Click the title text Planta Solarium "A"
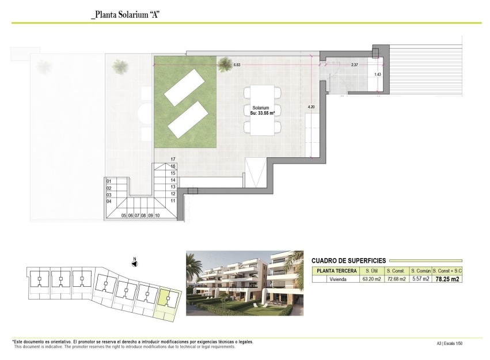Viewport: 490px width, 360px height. click(x=125, y=15)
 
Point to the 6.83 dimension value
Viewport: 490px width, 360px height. click(x=237, y=66)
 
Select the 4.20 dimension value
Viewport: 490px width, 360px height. click(x=312, y=107)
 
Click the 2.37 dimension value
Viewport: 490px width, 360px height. click(x=355, y=66)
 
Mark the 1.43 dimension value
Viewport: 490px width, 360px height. click(x=377, y=74)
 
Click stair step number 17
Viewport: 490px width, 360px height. click(x=173, y=159)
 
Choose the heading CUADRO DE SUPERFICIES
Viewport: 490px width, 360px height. click(x=348, y=261)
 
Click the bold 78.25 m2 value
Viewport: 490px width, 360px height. click(x=447, y=279)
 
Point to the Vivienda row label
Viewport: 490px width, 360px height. click(x=335, y=279)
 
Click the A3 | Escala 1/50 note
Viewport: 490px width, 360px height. click(x=450, y=344)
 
